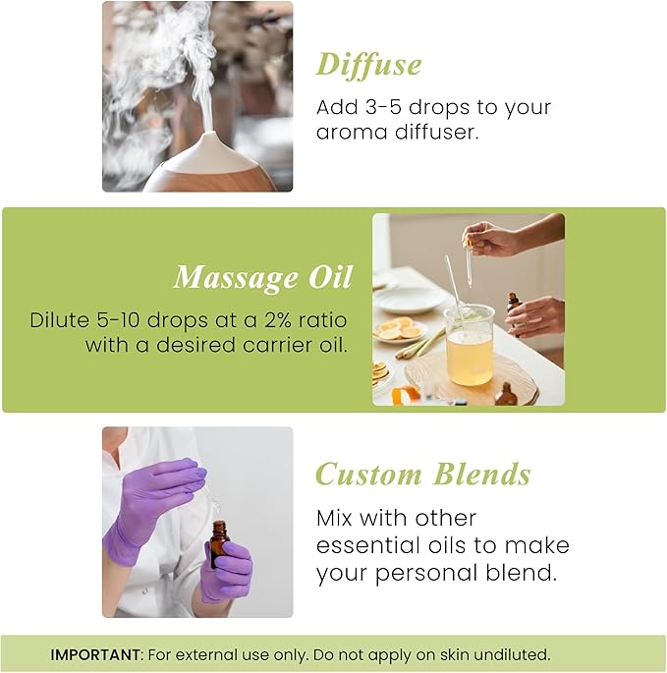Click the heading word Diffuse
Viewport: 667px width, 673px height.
point(368,65)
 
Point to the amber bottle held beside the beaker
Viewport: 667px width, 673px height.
point(512,304)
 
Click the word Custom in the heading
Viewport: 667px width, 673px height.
point(367,475)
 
